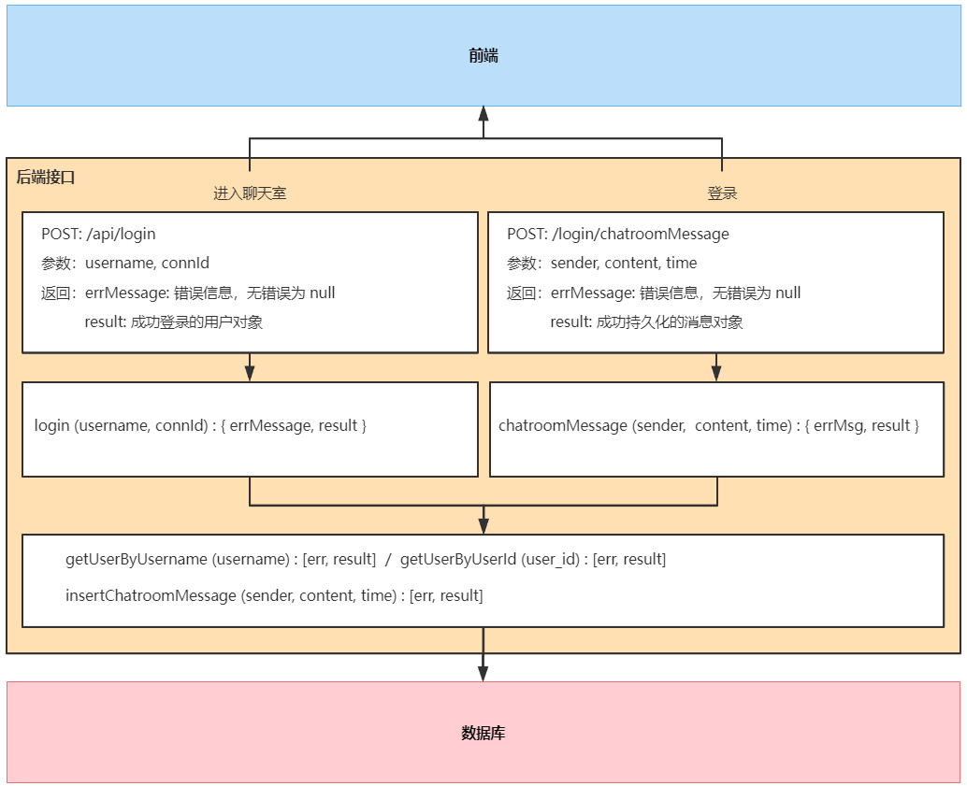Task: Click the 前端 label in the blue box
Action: point(483,56)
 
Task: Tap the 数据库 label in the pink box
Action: point(483,733)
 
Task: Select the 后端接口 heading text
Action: point(46,178)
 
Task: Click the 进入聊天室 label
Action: point(250,193)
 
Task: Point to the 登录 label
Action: point(722,193)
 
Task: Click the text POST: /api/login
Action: point(99,235)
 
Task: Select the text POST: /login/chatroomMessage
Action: point(618,235)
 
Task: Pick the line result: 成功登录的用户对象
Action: point(174,322)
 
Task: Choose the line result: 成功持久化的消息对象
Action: point(647,322)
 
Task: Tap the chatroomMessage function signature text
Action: point(709,426)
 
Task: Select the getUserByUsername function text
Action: point(221,559)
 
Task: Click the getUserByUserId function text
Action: point(533,559)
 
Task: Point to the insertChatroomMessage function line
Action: point(274,595)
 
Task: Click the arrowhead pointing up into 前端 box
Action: point(483,113)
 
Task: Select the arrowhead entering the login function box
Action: point(250,374)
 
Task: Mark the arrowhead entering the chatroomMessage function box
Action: point(716,374)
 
